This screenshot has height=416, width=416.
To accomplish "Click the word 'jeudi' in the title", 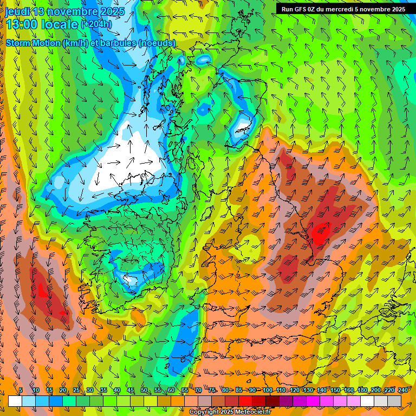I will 18,11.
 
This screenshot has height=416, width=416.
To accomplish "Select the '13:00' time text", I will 22,25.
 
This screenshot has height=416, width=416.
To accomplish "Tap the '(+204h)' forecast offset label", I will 96,24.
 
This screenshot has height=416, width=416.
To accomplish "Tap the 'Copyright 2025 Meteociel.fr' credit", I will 223,412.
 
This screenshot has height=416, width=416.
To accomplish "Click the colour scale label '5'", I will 21,391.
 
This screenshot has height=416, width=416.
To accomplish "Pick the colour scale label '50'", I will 144,391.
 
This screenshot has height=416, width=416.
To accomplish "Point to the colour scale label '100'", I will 267,391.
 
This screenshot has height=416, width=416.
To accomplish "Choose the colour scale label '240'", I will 402,391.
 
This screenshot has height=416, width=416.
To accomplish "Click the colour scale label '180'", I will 362,391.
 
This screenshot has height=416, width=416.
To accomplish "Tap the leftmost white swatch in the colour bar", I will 15,401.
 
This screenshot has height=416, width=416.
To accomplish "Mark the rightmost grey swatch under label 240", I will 394,401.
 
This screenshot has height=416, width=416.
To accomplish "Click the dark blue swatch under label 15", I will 56,401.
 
